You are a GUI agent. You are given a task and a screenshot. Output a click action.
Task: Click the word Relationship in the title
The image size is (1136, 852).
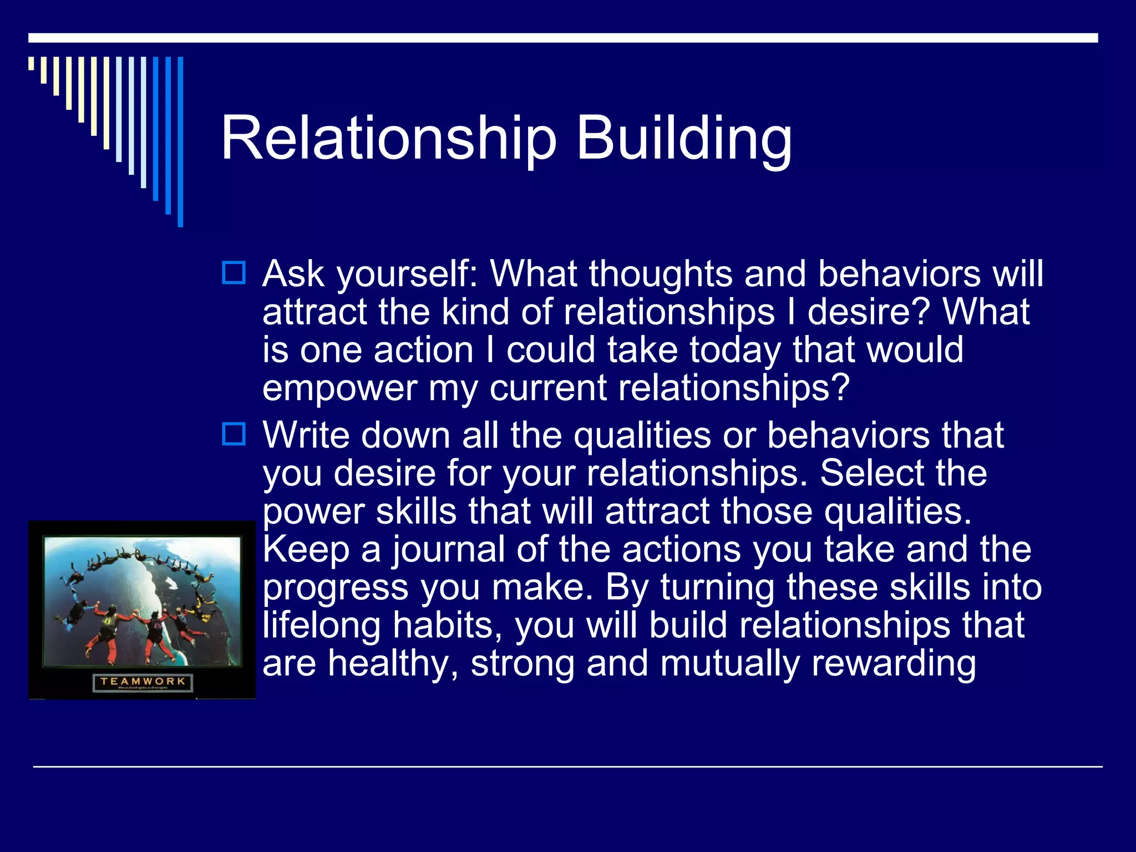[x=388, y=139]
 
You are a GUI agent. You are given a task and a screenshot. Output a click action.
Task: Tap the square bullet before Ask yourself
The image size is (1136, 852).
[x=234, y=273]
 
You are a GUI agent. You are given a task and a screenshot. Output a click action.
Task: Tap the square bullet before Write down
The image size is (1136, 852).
[x=234, y=434]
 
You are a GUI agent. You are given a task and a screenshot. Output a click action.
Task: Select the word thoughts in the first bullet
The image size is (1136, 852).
[x=660, y=273]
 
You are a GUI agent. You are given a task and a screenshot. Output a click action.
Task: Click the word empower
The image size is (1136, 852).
[x=339, y=388]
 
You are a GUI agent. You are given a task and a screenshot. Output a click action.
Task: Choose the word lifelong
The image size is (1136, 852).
[x=321, y=626]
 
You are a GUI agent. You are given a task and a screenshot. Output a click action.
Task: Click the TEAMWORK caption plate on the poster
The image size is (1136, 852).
[x=143, y=682]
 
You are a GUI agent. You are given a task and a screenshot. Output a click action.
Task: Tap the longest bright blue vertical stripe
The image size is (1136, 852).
[x=180, y=141]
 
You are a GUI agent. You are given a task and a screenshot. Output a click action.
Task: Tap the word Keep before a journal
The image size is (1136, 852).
[x=306, y=550]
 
